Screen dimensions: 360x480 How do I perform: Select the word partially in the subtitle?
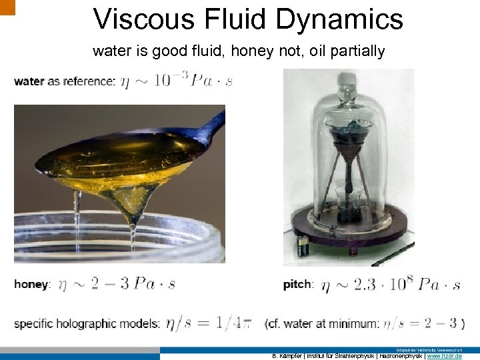click(357, 51)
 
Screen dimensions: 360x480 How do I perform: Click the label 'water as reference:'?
click(64, 81)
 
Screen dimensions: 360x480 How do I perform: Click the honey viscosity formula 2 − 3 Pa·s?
click(133, 284)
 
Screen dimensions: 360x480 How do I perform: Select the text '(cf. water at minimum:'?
click(323, 324)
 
